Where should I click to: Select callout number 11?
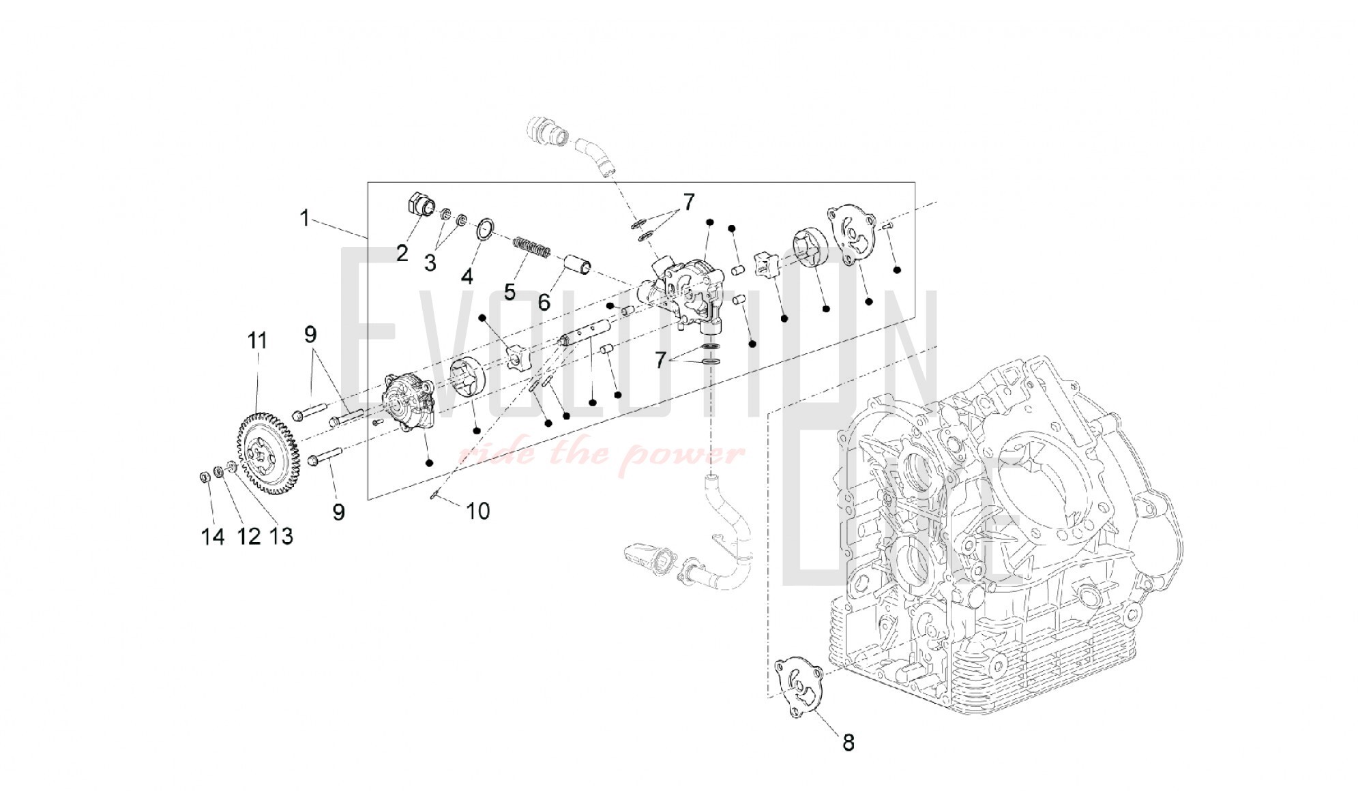click(257, 340)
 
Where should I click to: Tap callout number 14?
click(213, 537)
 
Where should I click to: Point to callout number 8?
click(848, 742)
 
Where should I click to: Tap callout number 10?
click(478, 511)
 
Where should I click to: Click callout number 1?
click(305, 218)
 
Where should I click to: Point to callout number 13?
click(281, 537)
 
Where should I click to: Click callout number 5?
click(510, 292)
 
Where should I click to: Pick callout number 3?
click(430, 263)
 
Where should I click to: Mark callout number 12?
click(248, 537)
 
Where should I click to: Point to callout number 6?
click(544, 302)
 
